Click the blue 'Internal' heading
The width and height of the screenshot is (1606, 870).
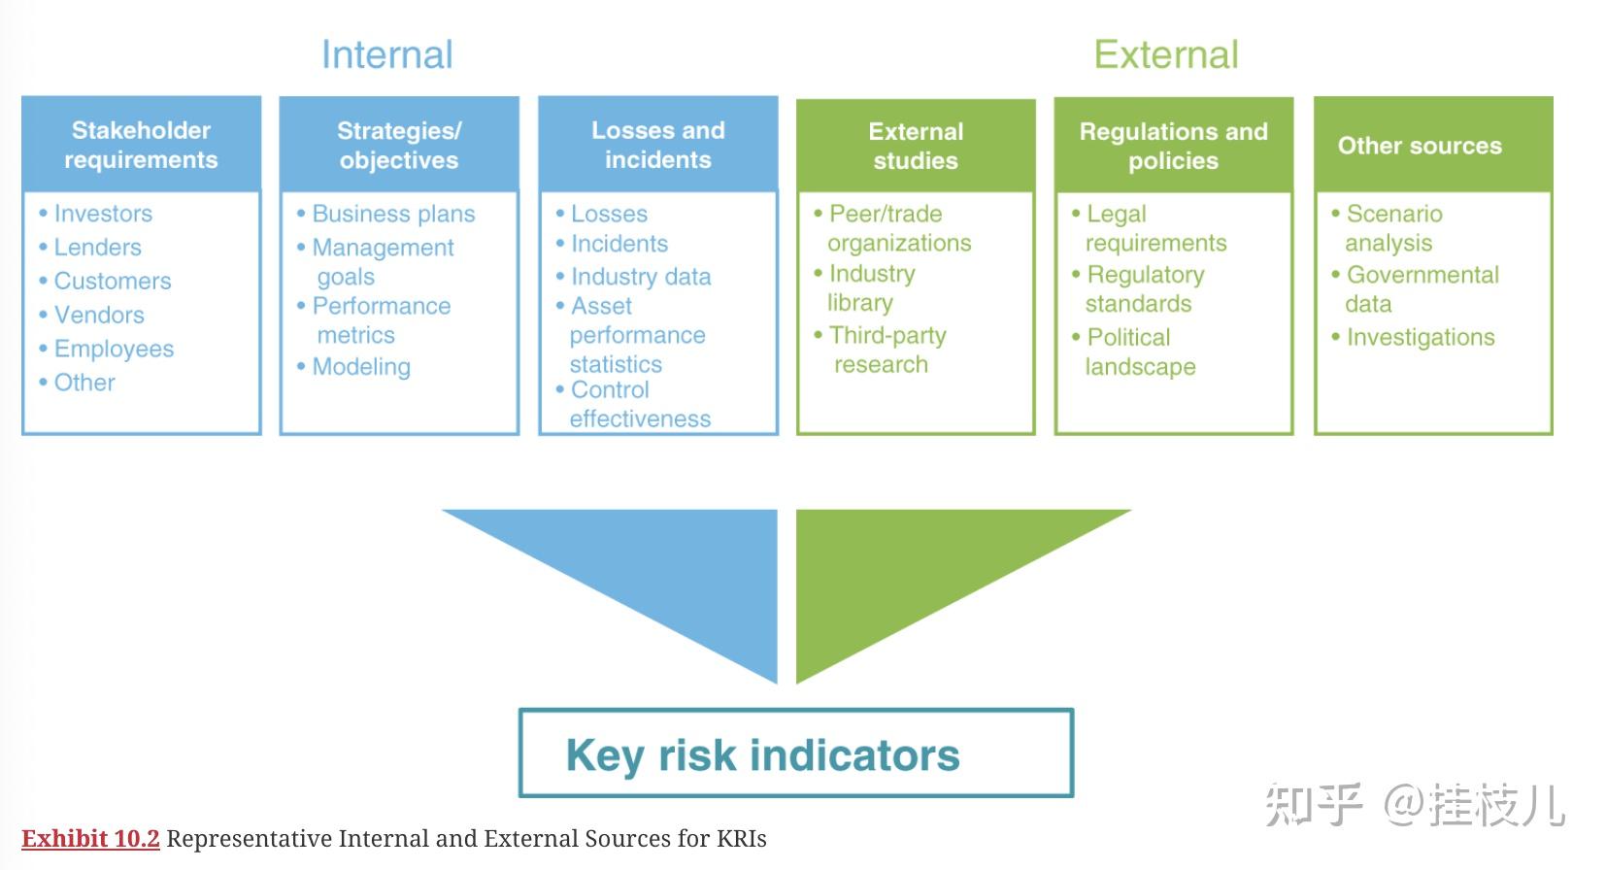[386, 54]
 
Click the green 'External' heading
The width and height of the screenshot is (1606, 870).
[1165, 54]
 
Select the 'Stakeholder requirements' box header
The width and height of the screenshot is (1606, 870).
[141, 145]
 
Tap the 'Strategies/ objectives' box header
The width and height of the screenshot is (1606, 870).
[399, 145]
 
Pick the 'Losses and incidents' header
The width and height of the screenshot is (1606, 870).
[657, 145]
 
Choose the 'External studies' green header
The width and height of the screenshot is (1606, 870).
[916, 146]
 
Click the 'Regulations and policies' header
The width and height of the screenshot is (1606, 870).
[1173, 146]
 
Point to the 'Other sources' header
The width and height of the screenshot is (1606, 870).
[1419, 146]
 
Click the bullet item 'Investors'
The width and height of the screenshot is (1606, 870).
[102, 214]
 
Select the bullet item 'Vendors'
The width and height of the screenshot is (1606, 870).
[98, 315]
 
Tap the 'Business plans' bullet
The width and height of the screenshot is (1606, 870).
[392, 214]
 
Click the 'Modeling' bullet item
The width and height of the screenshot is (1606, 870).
[360, 367]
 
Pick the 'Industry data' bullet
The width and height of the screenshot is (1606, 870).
[640, 277]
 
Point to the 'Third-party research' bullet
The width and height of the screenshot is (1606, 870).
[886, 350]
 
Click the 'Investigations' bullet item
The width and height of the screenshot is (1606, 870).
[1420, 338]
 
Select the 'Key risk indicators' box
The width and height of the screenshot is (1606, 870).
[796, 753]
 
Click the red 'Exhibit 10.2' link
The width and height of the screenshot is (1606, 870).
[90, 839]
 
